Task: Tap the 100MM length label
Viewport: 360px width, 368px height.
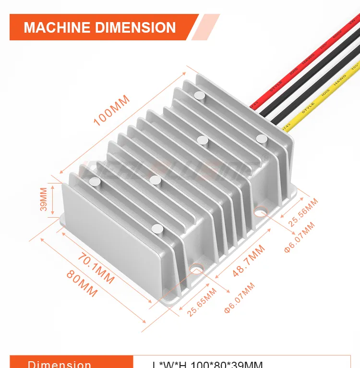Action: [x=111, y=110]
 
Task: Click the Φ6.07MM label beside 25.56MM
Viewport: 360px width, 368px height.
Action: [x=299, y=239]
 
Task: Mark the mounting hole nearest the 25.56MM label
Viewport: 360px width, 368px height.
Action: [x=261, y=210]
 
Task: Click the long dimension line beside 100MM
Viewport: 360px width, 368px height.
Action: [x=123, y=123]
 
